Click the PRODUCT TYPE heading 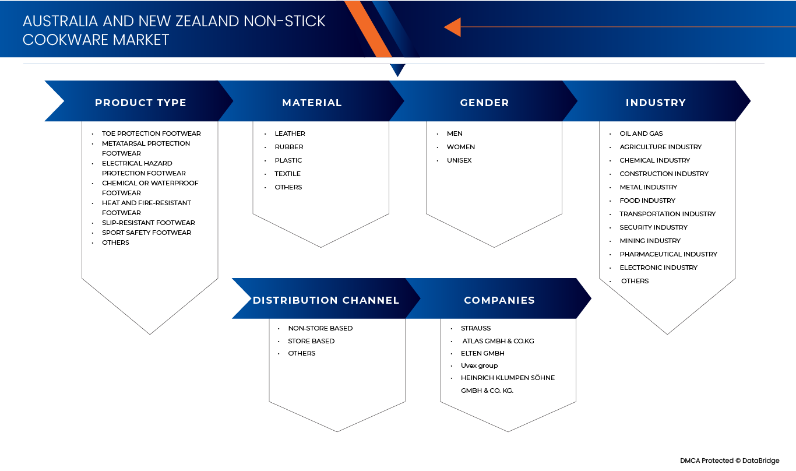[140, 103]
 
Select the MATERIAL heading [312, 103]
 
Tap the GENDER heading [484, 103]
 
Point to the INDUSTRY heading [656, 103]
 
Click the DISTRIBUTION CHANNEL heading [326, 301]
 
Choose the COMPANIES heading [499, 301]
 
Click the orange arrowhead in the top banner [453, 27]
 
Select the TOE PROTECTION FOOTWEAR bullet [151, 133]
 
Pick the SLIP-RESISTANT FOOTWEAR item [148, 223]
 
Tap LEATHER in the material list [290, 133]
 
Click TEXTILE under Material [287, 174]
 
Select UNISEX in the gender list [459, 160]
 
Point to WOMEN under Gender [460, 147]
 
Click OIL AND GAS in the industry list [641, 133]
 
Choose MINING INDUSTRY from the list [650, 241]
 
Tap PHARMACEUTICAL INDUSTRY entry [668, 254]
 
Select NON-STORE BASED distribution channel [320, 328]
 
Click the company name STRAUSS [476, 328]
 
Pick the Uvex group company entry [479, 365]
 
